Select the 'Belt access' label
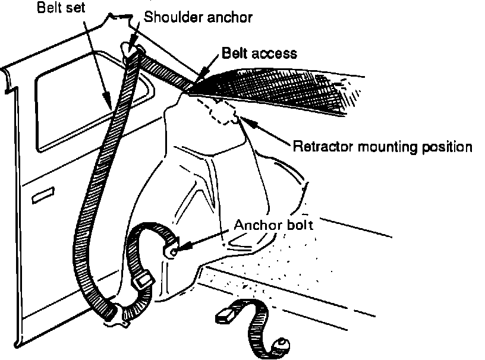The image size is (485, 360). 259,53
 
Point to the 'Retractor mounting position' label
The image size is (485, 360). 382,146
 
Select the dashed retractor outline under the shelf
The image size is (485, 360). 217,110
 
